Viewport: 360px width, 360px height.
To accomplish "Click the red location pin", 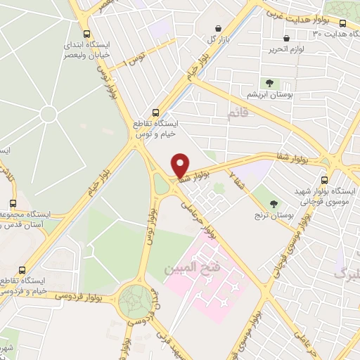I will coord(181,165).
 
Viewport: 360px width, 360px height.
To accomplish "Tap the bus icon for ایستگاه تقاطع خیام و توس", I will coord(156,112).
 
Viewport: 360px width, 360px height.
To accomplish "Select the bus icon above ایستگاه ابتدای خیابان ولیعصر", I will coord(87,34).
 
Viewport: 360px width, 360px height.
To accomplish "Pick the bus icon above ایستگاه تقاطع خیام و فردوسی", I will coord(22,269).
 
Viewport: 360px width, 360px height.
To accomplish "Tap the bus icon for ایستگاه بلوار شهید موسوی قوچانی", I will coord(324,179).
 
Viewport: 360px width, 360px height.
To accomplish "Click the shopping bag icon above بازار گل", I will coord(220,28).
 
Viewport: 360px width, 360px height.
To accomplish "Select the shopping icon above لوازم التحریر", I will coord(285,39).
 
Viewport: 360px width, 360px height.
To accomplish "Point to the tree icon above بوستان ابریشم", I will coord(269,83).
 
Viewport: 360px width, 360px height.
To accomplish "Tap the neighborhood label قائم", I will coord(238,112).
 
